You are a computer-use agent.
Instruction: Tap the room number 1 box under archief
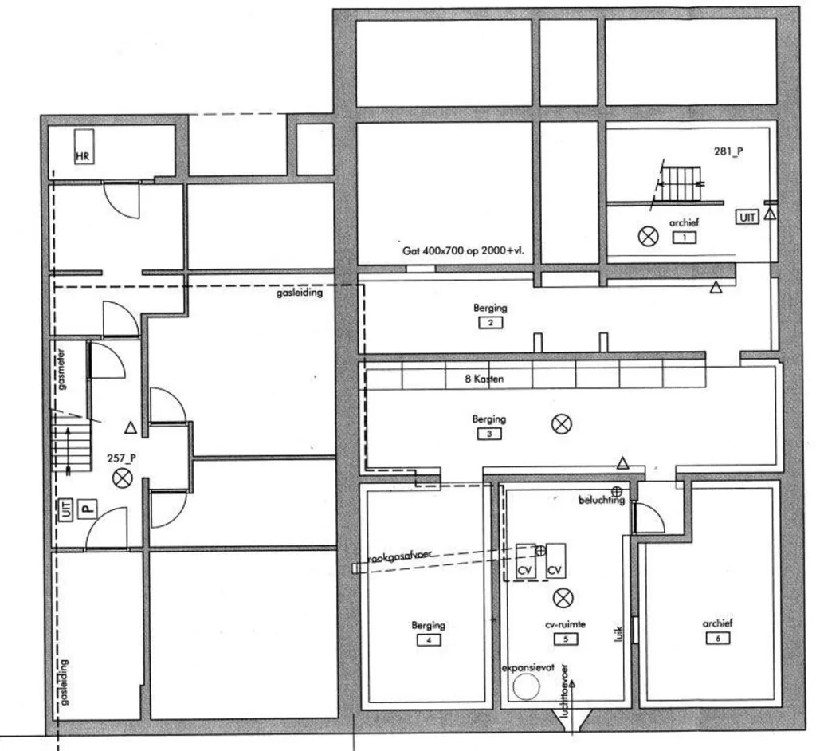684,238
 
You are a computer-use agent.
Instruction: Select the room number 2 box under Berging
488,323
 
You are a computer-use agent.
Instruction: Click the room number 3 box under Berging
488,434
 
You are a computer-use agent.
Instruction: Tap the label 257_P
121,458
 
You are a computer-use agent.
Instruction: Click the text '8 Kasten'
484,379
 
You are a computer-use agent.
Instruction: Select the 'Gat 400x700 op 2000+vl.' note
469,250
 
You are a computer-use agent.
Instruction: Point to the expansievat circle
525,687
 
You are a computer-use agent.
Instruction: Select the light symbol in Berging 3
561,424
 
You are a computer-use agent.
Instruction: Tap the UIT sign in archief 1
747,216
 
